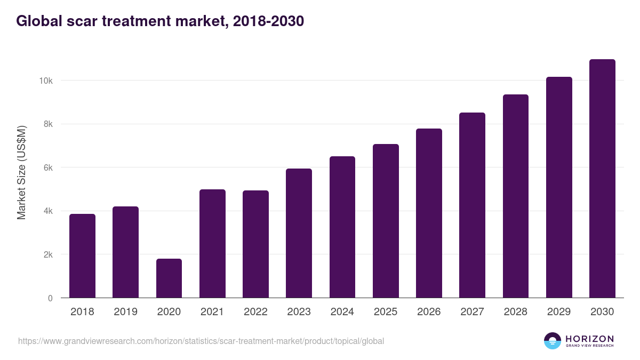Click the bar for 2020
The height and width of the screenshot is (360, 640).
169,278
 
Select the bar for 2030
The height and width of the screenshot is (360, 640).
602,179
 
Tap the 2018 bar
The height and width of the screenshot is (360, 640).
82,256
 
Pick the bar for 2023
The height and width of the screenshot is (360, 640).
299,233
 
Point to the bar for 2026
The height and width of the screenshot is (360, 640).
429,213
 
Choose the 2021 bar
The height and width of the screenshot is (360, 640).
212,244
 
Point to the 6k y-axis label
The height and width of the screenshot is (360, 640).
47,167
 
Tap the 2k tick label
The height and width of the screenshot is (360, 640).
47,254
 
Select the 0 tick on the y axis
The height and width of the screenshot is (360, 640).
50,298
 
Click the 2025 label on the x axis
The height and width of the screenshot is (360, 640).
386,312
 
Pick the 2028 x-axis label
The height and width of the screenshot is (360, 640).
516,312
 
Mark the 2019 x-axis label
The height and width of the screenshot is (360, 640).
125,312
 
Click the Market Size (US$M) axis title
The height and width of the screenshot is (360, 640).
21,172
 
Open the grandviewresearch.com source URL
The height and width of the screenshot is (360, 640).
201,341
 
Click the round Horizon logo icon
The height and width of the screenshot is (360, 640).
553,341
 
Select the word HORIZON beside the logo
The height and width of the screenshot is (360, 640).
589,338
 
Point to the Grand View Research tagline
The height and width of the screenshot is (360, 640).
589,346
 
